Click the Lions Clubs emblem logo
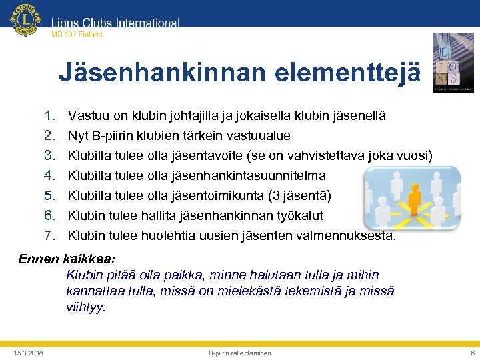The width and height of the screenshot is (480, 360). [x=25, y=21]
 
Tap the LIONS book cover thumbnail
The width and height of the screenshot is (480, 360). [x=453, y=63]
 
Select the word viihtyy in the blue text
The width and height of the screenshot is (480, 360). [x=85, y=308]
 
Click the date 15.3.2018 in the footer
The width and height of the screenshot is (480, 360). [x=28, y=353]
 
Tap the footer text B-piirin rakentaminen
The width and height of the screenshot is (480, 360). [x=240, y=353]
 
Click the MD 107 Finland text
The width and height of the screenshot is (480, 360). [x=77, y=35]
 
